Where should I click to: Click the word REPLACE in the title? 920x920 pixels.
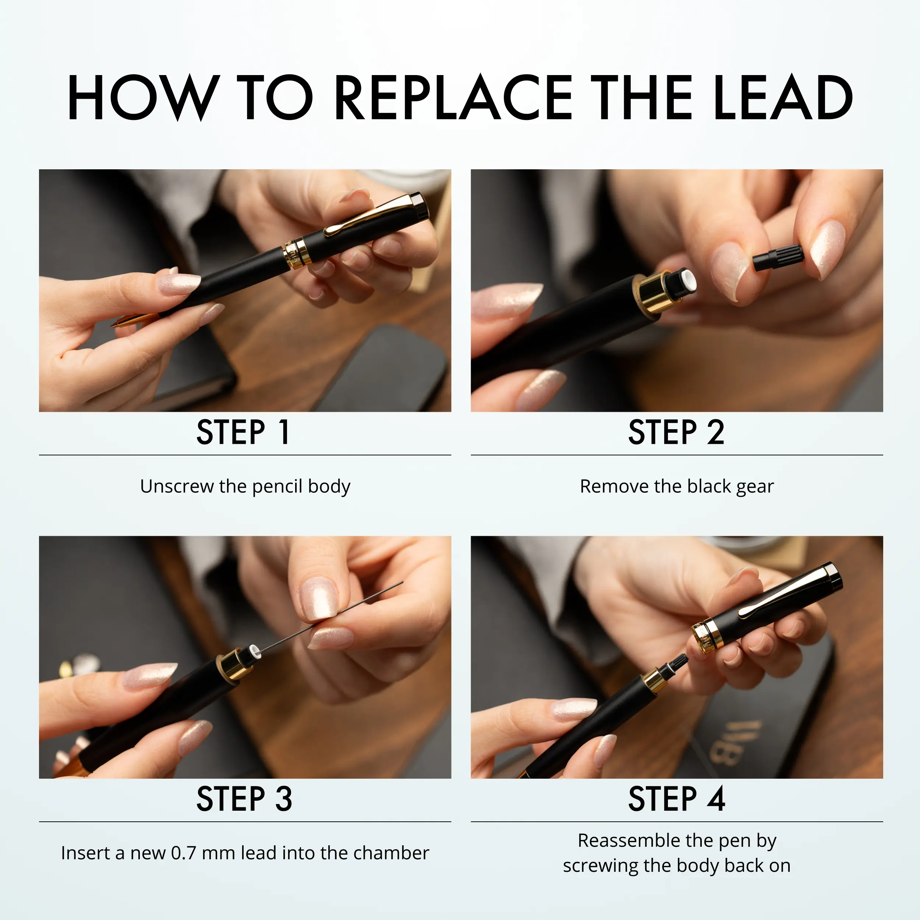(x=454, y=98)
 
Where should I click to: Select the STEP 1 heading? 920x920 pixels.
(x=243, y=432)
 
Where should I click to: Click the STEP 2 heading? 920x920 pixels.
(x=676, y=432)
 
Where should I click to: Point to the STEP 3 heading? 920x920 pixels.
(x=244, y=799)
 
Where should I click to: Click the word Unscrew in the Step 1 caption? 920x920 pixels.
(x=177, y=486)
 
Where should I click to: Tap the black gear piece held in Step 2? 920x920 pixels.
(x=778, y=257)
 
